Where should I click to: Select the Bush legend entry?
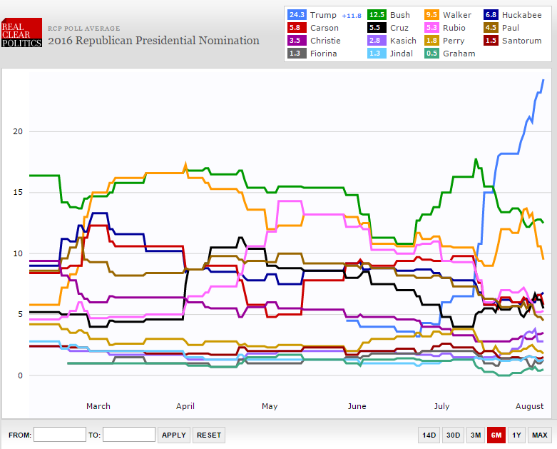[x=399, y=15]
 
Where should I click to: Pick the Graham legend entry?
[x=459, y=54]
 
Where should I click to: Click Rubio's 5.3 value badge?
[x=430, y=28]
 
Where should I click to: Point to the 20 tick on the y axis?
[x=19, y=132]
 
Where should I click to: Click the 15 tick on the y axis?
[x=19, y=193]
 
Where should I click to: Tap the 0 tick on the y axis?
[x=21, y=375]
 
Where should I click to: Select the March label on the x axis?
[x=98, y=406]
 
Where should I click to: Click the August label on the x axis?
[x=529, y=406]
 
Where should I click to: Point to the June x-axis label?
[x=357, y=406]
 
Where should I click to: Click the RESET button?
[x=209, y=435]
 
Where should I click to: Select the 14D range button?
[x=429, y=435]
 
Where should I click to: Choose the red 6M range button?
[x=496, y=435]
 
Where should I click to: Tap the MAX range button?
[x=539, y=435]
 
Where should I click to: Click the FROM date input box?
[x=60, y=435]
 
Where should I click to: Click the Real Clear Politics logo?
[x=21, y=34]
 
